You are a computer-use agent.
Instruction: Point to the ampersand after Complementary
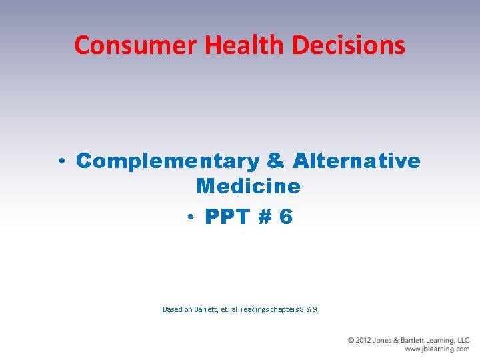coord(275,161)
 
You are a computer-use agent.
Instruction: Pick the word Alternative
coord(356,161)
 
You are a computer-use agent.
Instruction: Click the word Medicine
coord(249,186)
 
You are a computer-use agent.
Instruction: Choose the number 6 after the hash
coord(286,217)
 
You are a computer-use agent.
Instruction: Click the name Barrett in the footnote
coord(206,309)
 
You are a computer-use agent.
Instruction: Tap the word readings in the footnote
coord(255,309)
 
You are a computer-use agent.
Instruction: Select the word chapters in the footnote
coord(285,309)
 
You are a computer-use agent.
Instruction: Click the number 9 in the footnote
coord(315,309)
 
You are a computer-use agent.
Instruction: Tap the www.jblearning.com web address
coord(437,349)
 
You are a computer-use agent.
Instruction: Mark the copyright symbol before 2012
coord(351,341)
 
